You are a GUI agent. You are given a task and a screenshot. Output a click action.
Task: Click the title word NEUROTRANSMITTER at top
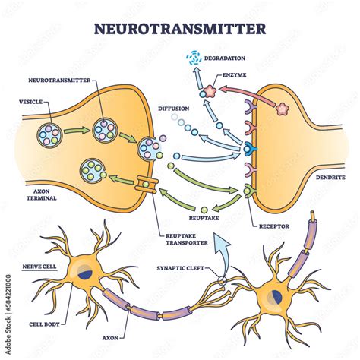tap(179, 30)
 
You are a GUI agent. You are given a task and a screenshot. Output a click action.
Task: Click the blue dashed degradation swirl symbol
tap(197, 56)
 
